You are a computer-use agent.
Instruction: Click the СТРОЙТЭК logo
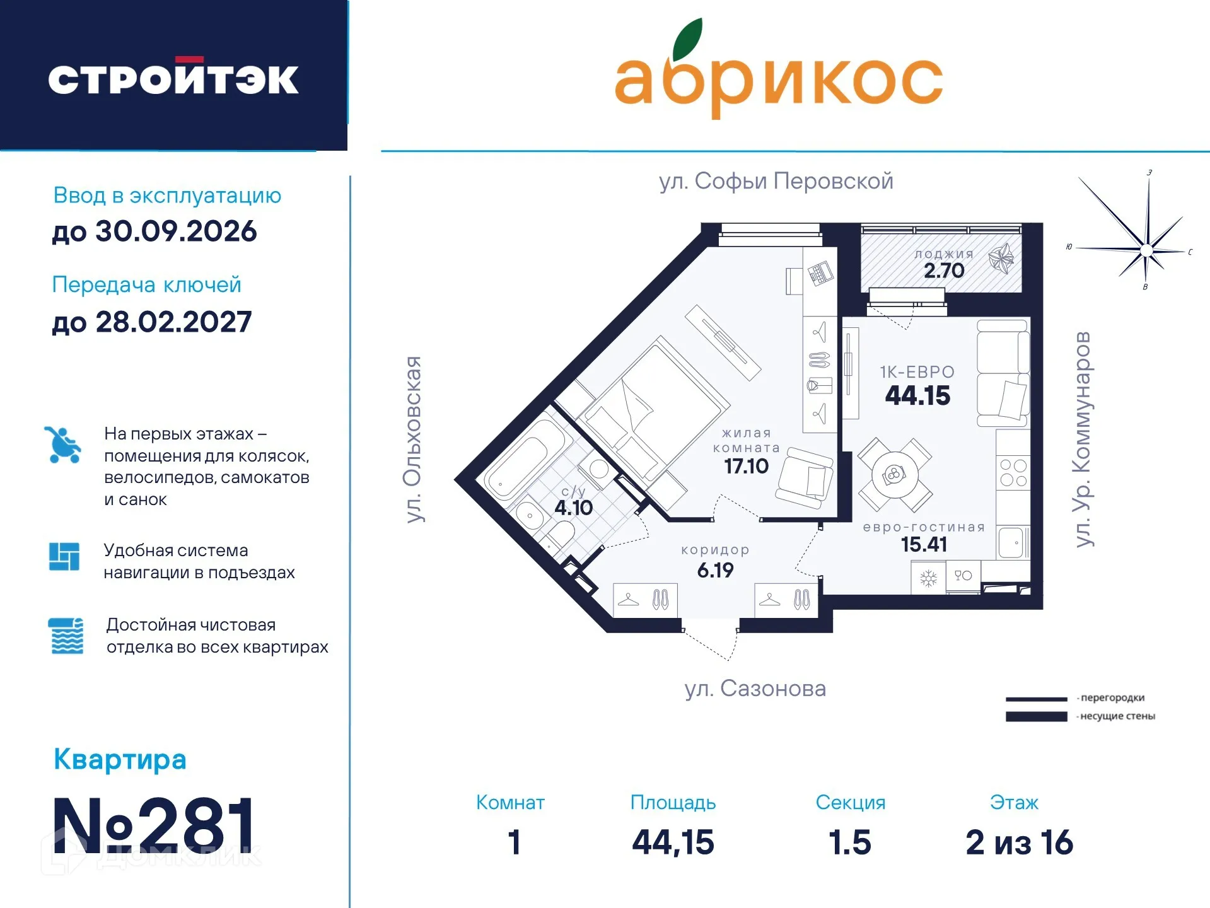173,78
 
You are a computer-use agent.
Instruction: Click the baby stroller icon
63,445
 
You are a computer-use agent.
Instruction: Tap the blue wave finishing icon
66,636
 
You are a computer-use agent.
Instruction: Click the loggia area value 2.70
944,271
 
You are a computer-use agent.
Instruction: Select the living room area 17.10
746,466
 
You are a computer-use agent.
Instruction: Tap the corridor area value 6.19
715,570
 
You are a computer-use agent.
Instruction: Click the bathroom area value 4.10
573,508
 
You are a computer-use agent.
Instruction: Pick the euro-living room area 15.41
924,544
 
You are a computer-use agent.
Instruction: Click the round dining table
894,474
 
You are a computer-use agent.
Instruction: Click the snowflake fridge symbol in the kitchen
928,578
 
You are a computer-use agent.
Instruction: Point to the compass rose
1146,250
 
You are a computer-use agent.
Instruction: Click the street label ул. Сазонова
755,688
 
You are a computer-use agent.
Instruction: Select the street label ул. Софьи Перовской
776,181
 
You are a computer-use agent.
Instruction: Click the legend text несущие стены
1117,716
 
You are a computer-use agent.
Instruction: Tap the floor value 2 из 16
1019,842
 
